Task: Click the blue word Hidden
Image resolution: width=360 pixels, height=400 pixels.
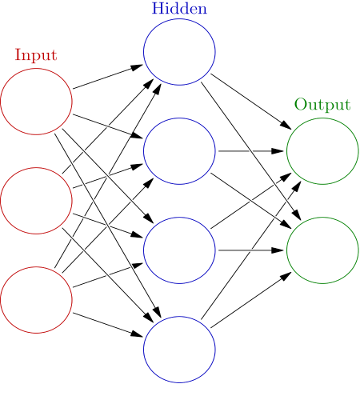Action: [179, 9]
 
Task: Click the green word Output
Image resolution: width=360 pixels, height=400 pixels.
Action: [322, 104]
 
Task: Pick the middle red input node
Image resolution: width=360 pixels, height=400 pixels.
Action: [36, 200]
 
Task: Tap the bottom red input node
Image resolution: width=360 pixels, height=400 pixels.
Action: [36, 298]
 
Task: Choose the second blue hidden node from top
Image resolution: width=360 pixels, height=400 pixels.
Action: [179, 150]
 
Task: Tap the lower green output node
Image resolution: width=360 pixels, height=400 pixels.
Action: [322, 250]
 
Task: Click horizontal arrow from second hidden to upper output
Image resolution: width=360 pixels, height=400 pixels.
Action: [250, 150]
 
